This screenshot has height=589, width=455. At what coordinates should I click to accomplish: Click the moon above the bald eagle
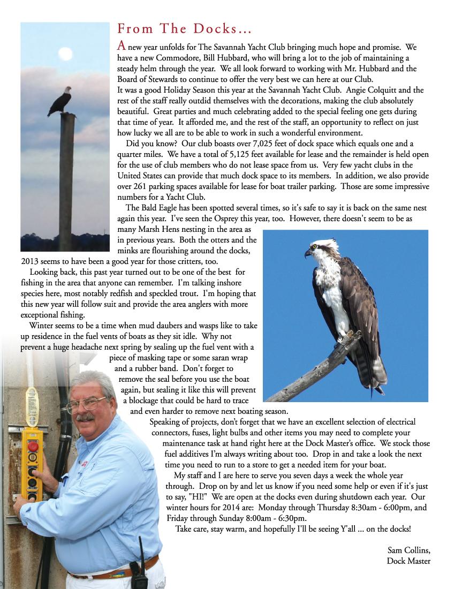(x=66, y=53)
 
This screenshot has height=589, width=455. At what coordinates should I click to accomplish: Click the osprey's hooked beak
(x=307, y=253)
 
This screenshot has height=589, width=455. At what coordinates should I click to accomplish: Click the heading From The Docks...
(x=184, y=28)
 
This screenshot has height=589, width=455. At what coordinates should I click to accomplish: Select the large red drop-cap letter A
(x=122, y=46)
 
